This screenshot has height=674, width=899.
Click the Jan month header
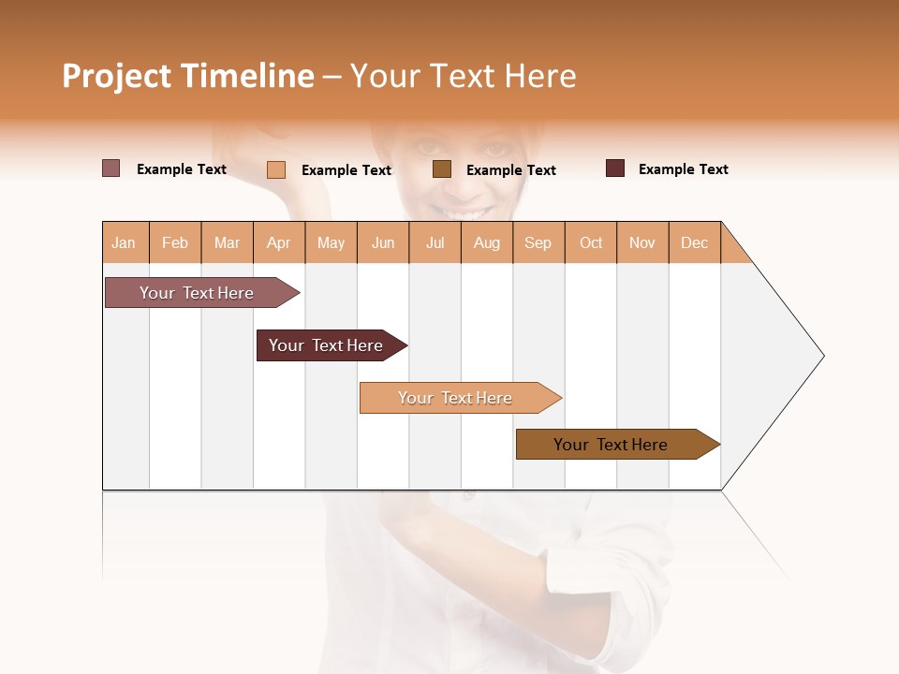(125, 242)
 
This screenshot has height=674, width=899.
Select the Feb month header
(175, 242)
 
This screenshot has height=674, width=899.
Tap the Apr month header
(279, 242)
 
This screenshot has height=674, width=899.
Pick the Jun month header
(383, 242)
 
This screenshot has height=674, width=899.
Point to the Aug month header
(487, 242)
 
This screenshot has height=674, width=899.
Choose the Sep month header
(538, 242)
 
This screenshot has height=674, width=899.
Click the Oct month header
(591, 242)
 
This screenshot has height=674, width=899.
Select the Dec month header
(695, 242)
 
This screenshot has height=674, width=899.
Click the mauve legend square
(111, 168)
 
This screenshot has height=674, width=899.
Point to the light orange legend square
(276, 169)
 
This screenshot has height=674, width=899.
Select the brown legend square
(442, 169)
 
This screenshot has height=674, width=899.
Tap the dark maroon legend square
(615, 168)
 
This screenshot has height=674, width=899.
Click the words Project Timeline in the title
(187, 76)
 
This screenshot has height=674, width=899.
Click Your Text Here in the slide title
(463, 76)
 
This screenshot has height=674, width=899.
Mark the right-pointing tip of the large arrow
(821, 356)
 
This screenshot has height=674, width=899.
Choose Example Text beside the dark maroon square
(683, 169)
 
